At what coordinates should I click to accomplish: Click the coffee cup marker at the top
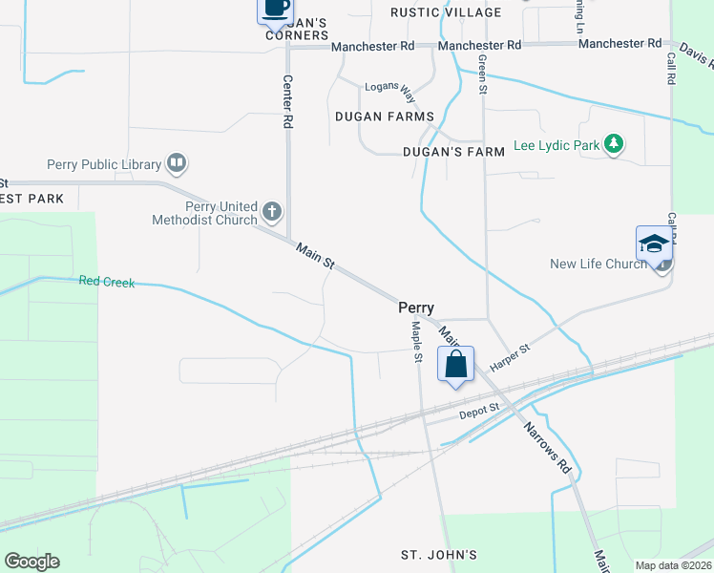[276, 9]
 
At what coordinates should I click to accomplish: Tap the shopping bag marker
[455, 364]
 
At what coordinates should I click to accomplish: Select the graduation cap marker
[655, 244]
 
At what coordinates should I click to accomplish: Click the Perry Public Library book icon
[176, 164]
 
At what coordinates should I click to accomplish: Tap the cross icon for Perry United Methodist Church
[272, 211]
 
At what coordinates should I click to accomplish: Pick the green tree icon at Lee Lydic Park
[615, 145]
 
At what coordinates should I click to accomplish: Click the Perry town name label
[416, 308]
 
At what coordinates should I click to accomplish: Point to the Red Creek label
[107, 282]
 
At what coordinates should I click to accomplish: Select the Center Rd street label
[287, 102]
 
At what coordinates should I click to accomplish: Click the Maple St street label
[417, 341]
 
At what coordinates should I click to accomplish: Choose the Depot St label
[479, 411]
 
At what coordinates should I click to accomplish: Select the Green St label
[483, 73]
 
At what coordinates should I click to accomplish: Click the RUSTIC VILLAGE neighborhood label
[446, 12]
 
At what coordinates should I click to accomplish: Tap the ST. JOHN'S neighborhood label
[438, 555]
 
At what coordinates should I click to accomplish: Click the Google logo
[31, 562]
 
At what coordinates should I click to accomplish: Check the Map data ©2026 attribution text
[672, 565]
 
